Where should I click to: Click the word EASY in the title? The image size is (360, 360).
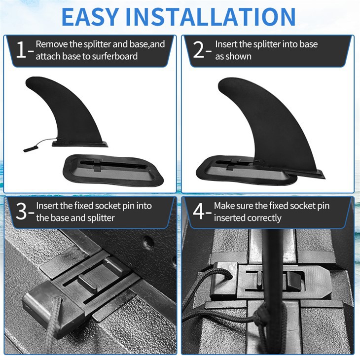tap(90, 17)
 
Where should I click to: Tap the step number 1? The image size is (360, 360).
tap(21, 50)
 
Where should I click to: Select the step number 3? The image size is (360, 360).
tap(21, 212)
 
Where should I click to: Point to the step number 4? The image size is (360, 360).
tap(199, 211)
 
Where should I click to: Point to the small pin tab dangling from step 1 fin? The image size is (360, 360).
tap(29, 149)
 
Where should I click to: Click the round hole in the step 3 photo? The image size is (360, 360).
tap(148, 243)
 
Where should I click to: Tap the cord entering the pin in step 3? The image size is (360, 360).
tap(53, 322)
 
